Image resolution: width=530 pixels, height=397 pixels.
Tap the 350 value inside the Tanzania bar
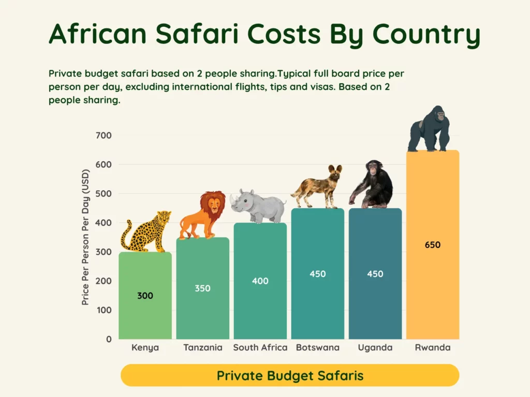[202, 288]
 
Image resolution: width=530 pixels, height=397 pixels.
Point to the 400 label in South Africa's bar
[260, 281]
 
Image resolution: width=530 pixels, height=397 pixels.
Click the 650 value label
[433, 245]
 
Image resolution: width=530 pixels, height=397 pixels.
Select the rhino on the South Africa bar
[258, 206]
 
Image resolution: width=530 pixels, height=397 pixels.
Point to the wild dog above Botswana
[318, 187]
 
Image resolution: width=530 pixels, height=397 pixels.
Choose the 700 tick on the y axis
[104, 135]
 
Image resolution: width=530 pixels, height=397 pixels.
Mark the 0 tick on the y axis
[108, 339]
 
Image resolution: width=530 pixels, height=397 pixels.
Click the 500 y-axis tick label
[104, 194]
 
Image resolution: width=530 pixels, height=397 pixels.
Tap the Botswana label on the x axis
[318, 347]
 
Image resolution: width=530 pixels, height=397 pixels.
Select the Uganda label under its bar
[375, 347]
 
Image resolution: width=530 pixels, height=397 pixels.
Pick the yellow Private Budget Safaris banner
[290, 375]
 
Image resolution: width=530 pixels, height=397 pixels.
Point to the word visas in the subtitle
[319, 87]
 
